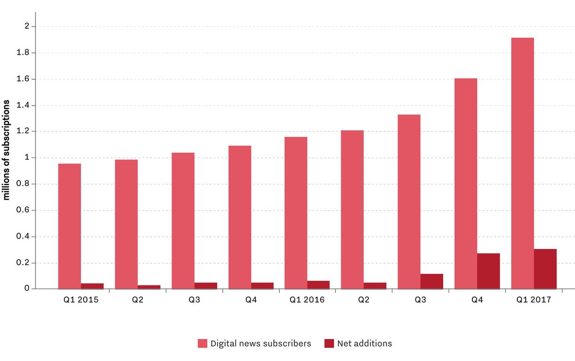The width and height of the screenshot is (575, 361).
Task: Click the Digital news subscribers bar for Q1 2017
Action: click(522, 163)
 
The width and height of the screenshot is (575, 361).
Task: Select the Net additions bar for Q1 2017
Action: click(545, 269)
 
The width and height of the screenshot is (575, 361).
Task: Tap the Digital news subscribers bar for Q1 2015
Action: click(69, 226)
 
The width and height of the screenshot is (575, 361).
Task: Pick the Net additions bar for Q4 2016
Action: click(488, 271)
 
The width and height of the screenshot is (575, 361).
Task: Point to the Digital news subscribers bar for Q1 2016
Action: click(296, 213)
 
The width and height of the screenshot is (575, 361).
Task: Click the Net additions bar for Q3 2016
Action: click(432, 282)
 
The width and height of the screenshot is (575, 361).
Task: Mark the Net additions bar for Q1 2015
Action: click(92, 286)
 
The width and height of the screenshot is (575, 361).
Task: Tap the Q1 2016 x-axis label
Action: click(307, 301)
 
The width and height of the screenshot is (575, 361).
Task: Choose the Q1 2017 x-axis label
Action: click(534, 301)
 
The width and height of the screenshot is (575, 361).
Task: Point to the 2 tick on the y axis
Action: click(27, 26)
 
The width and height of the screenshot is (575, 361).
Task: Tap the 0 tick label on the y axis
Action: click(27, 289)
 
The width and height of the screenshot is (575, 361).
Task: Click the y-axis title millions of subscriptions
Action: click(7, 151)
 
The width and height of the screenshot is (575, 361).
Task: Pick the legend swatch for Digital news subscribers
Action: click(202, 343)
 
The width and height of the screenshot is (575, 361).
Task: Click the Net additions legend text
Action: click(364, 343)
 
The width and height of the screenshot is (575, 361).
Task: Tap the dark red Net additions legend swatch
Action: click(329, 343)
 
